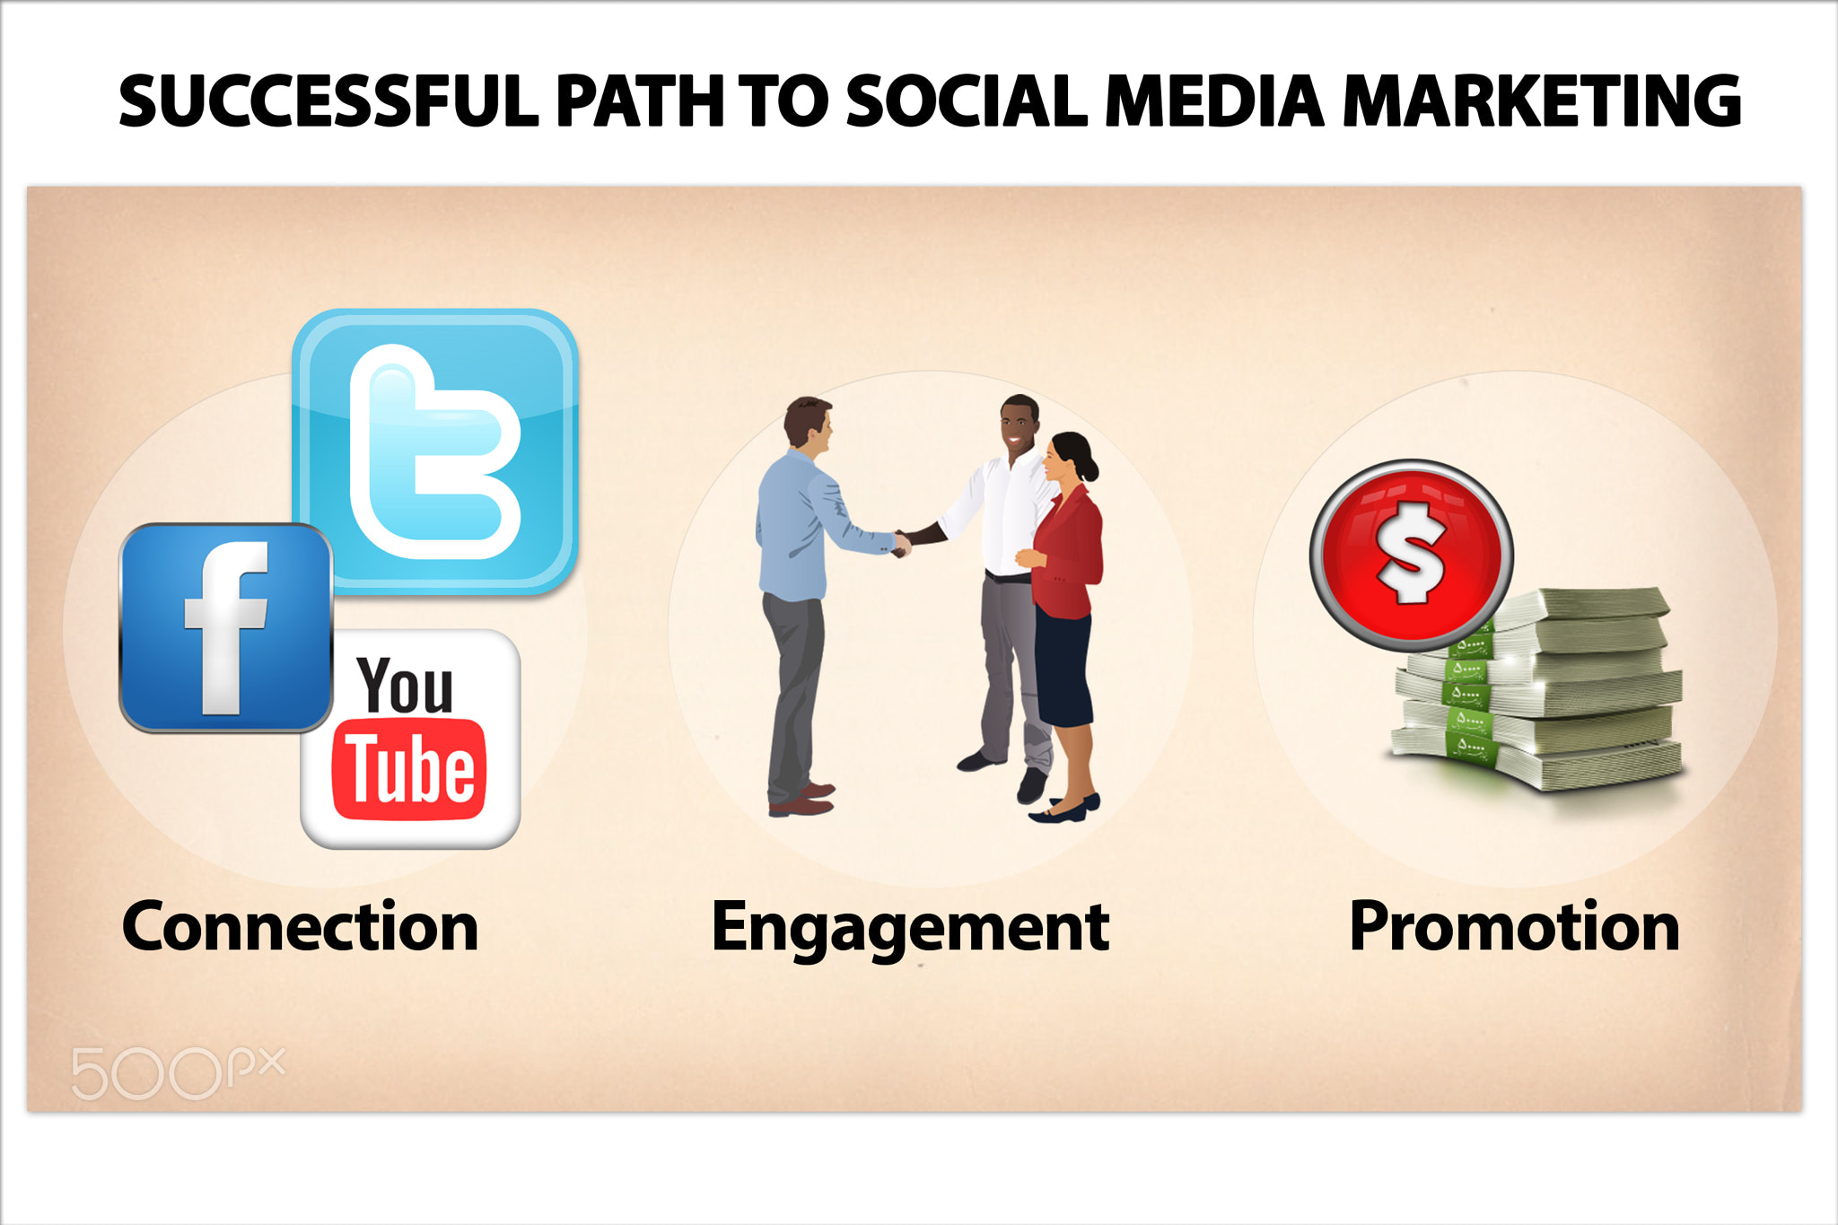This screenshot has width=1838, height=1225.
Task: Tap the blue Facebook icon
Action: [226, 627]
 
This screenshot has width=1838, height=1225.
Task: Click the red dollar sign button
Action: [1411, 556]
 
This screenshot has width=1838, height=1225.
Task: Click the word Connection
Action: [300, 927]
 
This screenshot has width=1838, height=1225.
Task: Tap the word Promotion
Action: [1514, 927]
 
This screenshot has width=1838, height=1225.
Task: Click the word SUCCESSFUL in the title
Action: [328, 101]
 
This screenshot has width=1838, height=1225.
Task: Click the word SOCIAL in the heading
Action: [967, 101]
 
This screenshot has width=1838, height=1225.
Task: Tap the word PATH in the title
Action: [640, 101]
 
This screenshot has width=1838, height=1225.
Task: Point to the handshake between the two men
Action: [901, 543]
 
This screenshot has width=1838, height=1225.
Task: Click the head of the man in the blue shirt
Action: [809, 424]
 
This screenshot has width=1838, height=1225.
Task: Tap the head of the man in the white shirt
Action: [1020, 424]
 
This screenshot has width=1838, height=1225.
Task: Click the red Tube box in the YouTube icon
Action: [409, 769]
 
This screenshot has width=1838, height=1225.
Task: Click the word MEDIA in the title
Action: [1214, 101]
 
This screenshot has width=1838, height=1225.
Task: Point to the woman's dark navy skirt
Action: [1063, 669]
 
